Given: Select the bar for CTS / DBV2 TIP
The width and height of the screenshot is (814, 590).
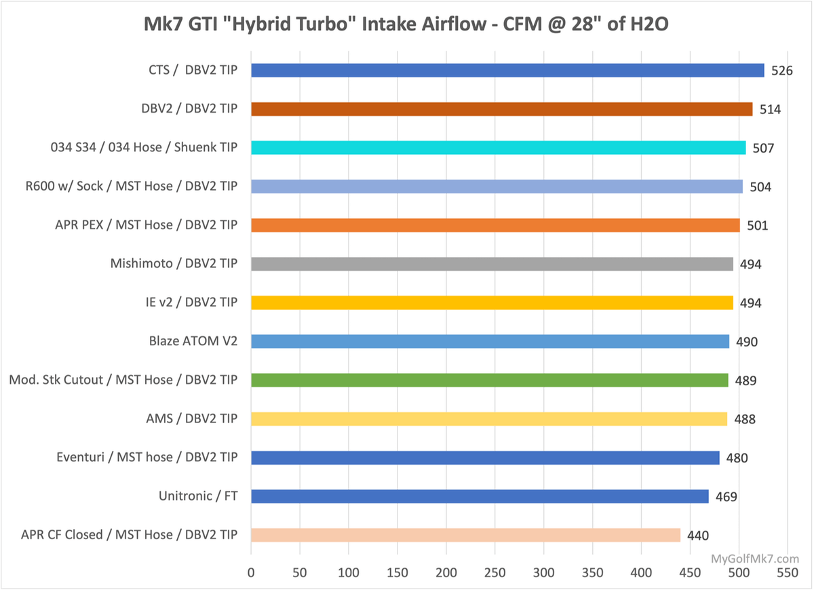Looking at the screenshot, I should pyautogui.click(x=507, y=71).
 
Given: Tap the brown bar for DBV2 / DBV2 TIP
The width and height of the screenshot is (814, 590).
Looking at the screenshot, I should pyautogui.click(x=501, y=109).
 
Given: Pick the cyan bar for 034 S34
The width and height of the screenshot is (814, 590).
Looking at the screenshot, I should pyautogui.click(x=498, y=148).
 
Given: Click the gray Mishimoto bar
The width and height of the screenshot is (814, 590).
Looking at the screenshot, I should pyautogui.click(x=492, y=264).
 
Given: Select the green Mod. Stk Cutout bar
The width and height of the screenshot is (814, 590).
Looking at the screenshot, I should pyautogui.click(x=489, y=380).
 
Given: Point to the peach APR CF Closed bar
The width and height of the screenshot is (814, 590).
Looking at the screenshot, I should pyautogui.click(x=465, y=535).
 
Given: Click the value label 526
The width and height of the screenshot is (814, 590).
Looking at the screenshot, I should pyautogui.click(x=782, y=71).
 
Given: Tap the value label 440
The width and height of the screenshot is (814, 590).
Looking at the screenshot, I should pyautogui.click(x=697, y=536).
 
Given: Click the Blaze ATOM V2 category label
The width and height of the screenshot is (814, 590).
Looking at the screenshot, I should pyautogui.click(x=193, y=341).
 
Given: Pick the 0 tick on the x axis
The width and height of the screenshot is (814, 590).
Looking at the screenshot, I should pyautogui.click(x=251, y=573).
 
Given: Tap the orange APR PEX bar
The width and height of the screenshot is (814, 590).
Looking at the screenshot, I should pyautogui.click(x=495, y=225).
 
